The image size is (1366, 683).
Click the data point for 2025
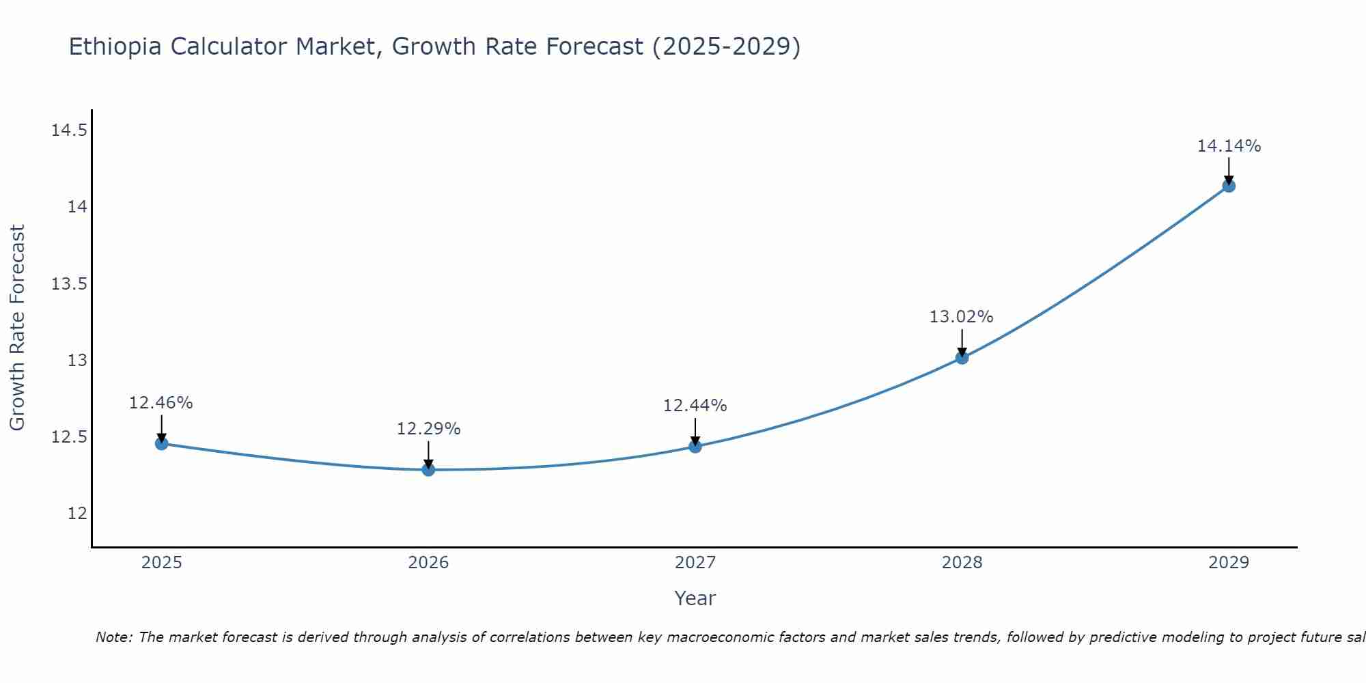pos(161,443)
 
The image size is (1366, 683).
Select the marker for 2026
pos(428,469)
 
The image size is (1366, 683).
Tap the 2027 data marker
pos(695,447)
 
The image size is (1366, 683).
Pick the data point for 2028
pos(962,357)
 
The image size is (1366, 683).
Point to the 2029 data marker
pos(1229,186)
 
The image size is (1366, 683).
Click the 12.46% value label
pos(161,403)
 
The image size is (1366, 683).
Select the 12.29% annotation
pos(428,429)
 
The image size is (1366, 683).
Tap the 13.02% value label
pos(961,317)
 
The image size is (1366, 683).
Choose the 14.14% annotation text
pos(1229,146)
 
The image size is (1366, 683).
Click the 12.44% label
pos(695,406)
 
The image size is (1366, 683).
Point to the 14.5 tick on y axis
pos(69,130)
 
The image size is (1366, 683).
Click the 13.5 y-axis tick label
pos(69,283)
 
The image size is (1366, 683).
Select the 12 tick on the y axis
pos(77,513)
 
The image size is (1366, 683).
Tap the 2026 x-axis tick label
pos(428,563)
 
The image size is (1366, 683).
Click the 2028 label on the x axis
pos(962,563)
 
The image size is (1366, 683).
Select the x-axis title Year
pos(695,598)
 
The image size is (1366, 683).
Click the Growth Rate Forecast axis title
pos(17,328)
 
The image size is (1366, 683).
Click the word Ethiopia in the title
pos(115,47)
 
